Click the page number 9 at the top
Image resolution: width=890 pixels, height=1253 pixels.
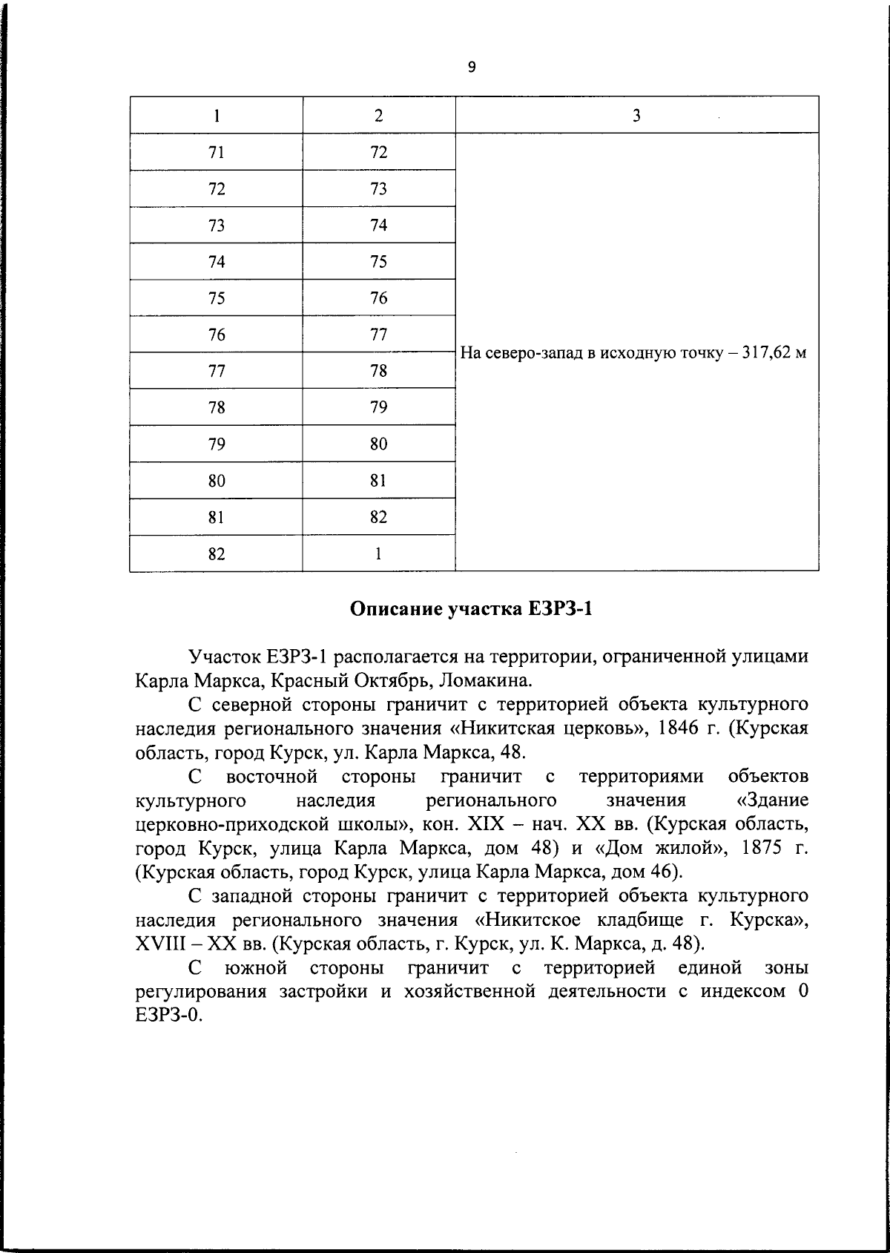click(472, 68)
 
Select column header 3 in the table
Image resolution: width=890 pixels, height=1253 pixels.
click(636, 116)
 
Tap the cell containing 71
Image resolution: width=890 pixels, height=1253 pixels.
click(217, 153)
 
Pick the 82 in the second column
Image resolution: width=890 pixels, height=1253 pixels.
click(378, 517)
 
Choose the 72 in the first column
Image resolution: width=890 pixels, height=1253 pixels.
click(217, 189)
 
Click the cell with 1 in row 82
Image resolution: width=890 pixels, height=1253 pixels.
click(378, 553)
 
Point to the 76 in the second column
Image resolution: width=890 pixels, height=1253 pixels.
click(378, 298)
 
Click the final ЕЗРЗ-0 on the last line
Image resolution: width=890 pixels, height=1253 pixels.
click(169, 1017)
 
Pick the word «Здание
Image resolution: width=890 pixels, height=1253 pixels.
click(769, 801)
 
